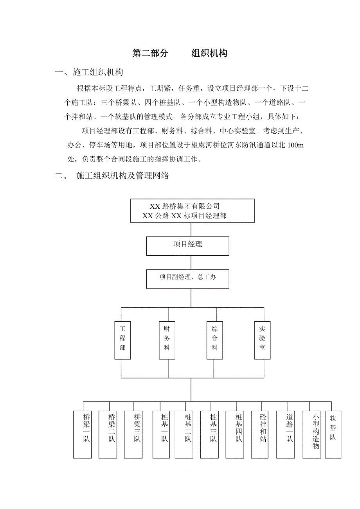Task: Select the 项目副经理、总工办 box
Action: tap(188, 278)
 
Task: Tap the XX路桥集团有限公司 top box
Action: tap(192, 211)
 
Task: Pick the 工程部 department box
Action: tap(122, 340)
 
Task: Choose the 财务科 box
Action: tap(167, 340)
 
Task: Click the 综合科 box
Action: tap(214, 340)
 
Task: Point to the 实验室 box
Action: tap(262, 340)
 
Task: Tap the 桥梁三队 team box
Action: tap(133, 434)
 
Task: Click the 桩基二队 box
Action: tap(184, 434)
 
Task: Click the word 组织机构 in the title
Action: tap(209, 54)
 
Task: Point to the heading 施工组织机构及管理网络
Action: tap(122, 176)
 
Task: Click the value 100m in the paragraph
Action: tap(295, 145)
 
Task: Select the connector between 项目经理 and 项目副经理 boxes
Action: tap(191, 262)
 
